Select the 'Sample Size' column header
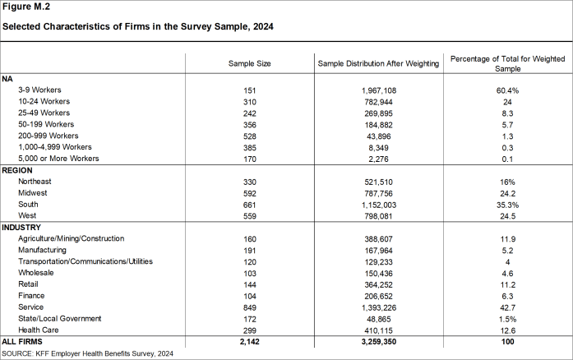pyautogui.click(x=249, y=63)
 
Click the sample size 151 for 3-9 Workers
pyautogui.click(x=249, y=90)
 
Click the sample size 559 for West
pyautogui.click(x=249, y=215)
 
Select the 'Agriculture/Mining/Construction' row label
pyautogui.click(x=71, y=238)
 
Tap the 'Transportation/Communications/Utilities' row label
pyautogui.click(x=85, y=261)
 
